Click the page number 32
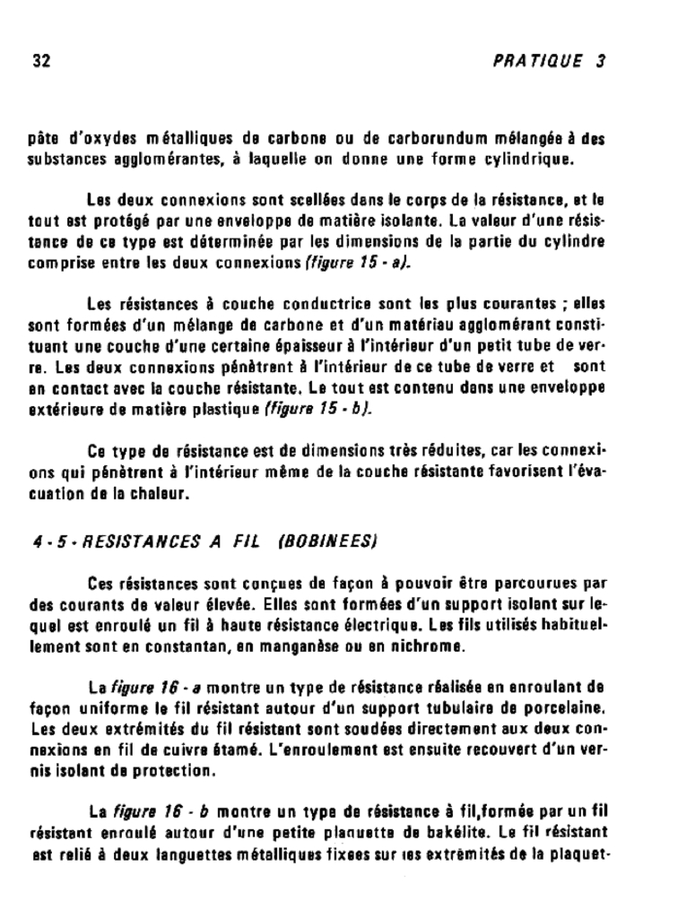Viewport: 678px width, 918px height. click(x=41, y=62)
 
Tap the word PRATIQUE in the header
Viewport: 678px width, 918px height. click(x=539, y=62)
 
